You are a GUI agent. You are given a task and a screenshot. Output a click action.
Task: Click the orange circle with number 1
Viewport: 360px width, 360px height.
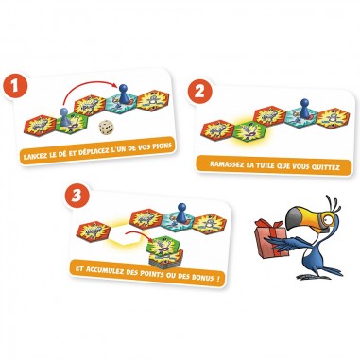click(15, 86)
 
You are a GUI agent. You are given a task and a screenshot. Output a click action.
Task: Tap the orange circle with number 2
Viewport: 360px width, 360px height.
click(200, 92)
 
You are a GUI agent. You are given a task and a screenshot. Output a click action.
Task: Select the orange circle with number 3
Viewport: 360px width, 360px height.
click(77, 196)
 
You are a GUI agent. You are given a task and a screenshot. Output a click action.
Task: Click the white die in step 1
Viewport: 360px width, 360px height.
click(106, 128)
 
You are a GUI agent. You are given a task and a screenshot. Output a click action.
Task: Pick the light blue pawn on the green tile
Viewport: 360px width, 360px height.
click(64, 116)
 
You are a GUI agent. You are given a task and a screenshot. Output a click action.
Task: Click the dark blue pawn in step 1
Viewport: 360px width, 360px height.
click(122, 94)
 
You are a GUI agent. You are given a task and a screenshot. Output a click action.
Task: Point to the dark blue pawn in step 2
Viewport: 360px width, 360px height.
click(304, 108)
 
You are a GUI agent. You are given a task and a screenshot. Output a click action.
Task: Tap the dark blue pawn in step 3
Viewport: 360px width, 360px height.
click(181, 212)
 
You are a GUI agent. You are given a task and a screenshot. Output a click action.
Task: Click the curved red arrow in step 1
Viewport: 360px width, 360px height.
click(89, 83)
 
